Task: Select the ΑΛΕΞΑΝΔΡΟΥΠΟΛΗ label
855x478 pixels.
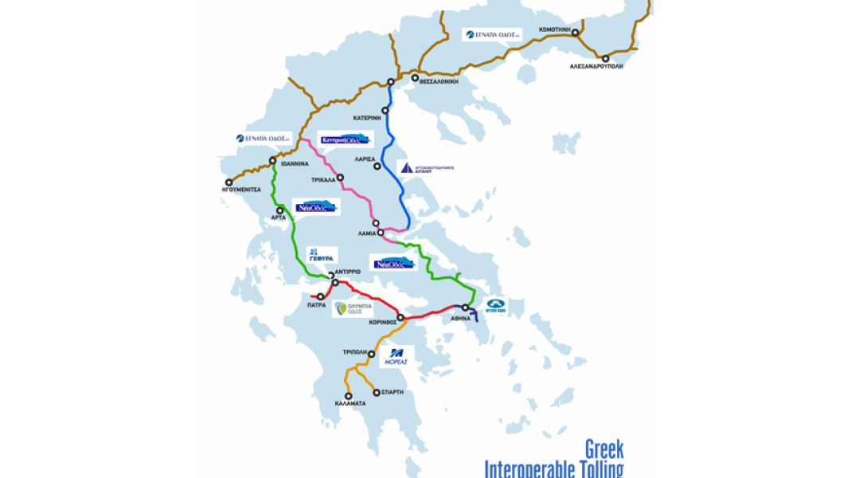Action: point(596,67)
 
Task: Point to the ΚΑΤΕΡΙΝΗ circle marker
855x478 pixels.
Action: point(385,110)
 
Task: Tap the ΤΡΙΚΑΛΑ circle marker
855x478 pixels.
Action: point(340,178)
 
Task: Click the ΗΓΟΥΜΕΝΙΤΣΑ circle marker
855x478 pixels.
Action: point(228,182)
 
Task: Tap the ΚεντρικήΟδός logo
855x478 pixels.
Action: point(346,139)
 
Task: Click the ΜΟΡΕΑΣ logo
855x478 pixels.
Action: point(396,355)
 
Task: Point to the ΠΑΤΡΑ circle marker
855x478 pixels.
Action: point(320,296)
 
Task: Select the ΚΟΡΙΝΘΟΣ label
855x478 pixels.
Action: point(383,323)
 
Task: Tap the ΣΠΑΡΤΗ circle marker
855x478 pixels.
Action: point(377,392)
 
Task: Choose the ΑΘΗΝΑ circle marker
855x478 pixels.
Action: point(466,308)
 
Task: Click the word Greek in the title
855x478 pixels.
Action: point(604,448)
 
